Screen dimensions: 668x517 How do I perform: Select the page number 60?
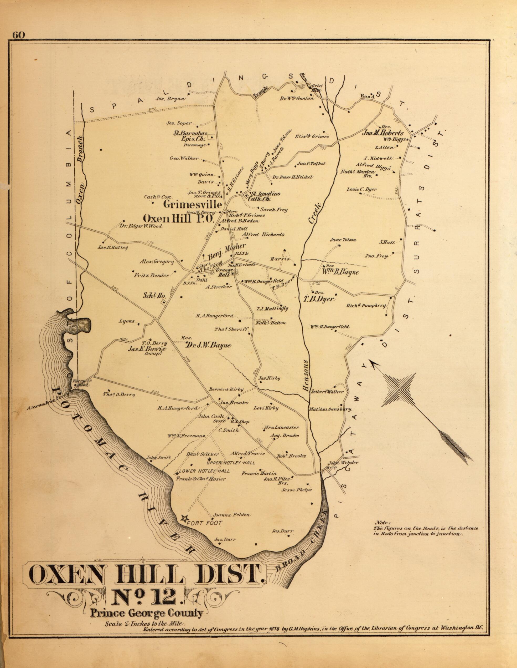coord(18,35)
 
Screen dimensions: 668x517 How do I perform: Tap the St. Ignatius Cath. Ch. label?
coord(265,196)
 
